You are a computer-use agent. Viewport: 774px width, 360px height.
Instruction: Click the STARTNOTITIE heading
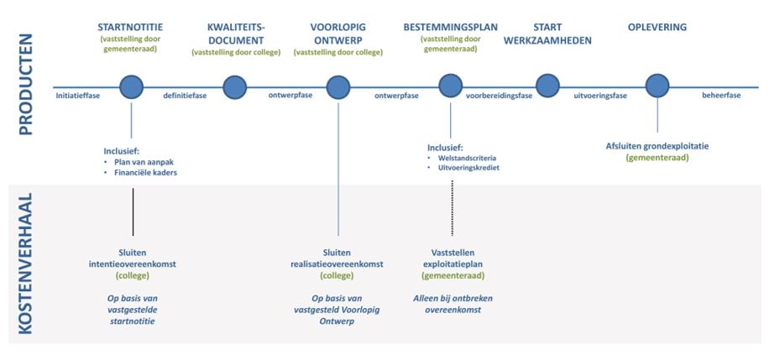130,27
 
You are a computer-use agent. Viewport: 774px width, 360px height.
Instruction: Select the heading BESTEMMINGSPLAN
450,27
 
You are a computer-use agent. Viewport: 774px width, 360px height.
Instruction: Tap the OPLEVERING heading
657,27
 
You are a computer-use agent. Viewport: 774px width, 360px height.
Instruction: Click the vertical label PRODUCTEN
25,84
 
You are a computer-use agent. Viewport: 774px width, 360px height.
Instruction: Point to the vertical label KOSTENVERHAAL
25,263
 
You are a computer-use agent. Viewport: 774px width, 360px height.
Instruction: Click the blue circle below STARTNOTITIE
131,87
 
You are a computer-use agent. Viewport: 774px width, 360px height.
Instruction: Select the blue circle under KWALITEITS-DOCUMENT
234,87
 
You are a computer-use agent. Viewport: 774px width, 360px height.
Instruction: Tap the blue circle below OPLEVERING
657,86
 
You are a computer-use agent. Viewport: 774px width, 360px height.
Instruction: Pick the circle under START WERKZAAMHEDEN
547,86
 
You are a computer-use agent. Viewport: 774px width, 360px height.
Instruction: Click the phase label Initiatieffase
78,96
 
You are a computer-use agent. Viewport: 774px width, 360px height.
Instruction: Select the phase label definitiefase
185,96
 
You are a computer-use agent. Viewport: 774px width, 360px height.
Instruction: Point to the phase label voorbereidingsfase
499,96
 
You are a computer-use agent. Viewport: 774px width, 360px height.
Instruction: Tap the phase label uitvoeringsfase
599,96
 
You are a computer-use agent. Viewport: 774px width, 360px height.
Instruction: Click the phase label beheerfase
721,96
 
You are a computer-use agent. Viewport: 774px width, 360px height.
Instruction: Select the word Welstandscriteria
467,159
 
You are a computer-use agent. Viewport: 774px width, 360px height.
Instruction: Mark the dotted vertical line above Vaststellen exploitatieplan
452,208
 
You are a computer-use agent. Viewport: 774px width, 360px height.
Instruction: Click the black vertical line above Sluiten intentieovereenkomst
133,211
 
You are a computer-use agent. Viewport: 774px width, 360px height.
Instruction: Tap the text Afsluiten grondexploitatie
657,147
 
